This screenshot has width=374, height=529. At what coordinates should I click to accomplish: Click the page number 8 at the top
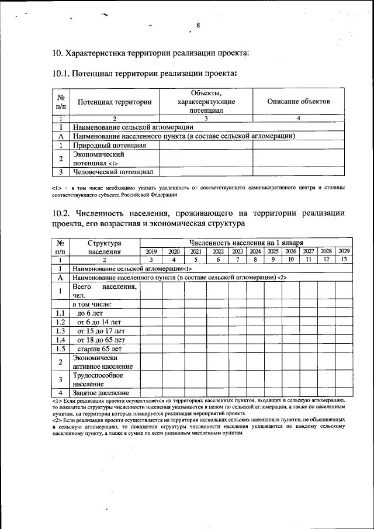198,25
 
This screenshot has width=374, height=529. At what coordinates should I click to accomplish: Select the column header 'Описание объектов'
298,102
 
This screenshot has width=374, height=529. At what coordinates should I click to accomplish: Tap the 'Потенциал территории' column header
115,102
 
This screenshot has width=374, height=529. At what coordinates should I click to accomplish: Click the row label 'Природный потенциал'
109,144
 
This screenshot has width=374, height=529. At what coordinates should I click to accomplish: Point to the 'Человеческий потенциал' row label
113,172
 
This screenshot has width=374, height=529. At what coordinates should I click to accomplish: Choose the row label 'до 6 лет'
91,313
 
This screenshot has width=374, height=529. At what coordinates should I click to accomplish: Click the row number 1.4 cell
60,340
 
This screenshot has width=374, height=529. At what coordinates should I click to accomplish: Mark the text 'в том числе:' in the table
92,304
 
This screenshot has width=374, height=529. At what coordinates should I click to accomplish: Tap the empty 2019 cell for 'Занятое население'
151,393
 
